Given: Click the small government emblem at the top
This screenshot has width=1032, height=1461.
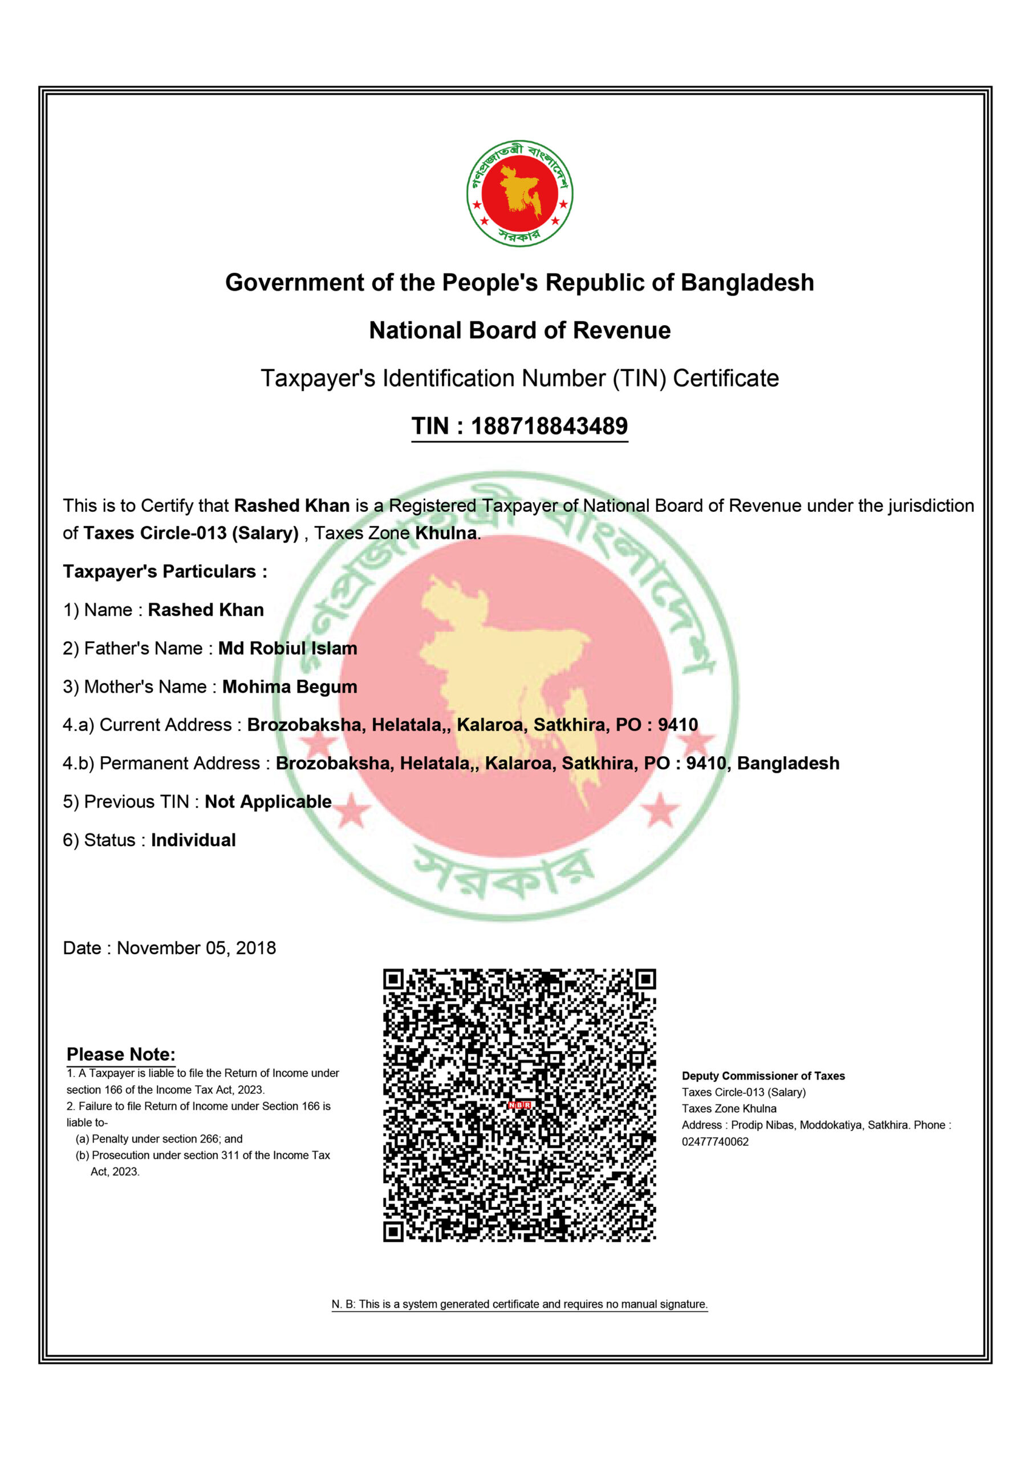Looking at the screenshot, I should [519, 193].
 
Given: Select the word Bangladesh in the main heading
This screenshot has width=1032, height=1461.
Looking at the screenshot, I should [747, 282].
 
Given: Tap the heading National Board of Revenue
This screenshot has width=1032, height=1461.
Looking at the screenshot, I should [519, 330].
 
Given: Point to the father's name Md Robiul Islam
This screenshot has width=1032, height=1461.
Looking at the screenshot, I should [287, 648].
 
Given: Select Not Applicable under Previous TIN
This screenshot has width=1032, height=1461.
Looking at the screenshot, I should [268, 802].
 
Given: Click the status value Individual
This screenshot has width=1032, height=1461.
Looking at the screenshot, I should [193, 840].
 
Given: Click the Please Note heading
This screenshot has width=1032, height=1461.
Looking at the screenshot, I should [121, 1055].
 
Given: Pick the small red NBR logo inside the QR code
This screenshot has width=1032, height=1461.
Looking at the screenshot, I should [519, 1105].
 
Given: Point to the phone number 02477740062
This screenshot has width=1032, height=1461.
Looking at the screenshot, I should [715, 1141].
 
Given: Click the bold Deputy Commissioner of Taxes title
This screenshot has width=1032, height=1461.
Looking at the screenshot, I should [763, 1076].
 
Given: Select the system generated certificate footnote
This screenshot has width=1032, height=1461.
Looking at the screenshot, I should [519, 1304].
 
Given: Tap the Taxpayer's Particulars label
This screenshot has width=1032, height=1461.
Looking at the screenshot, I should [165, 571].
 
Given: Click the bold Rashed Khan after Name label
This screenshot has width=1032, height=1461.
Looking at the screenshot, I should [206, 610].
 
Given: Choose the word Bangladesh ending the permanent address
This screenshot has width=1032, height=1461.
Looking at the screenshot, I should [788, 763].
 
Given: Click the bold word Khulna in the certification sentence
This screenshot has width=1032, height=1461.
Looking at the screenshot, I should [446, 533].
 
